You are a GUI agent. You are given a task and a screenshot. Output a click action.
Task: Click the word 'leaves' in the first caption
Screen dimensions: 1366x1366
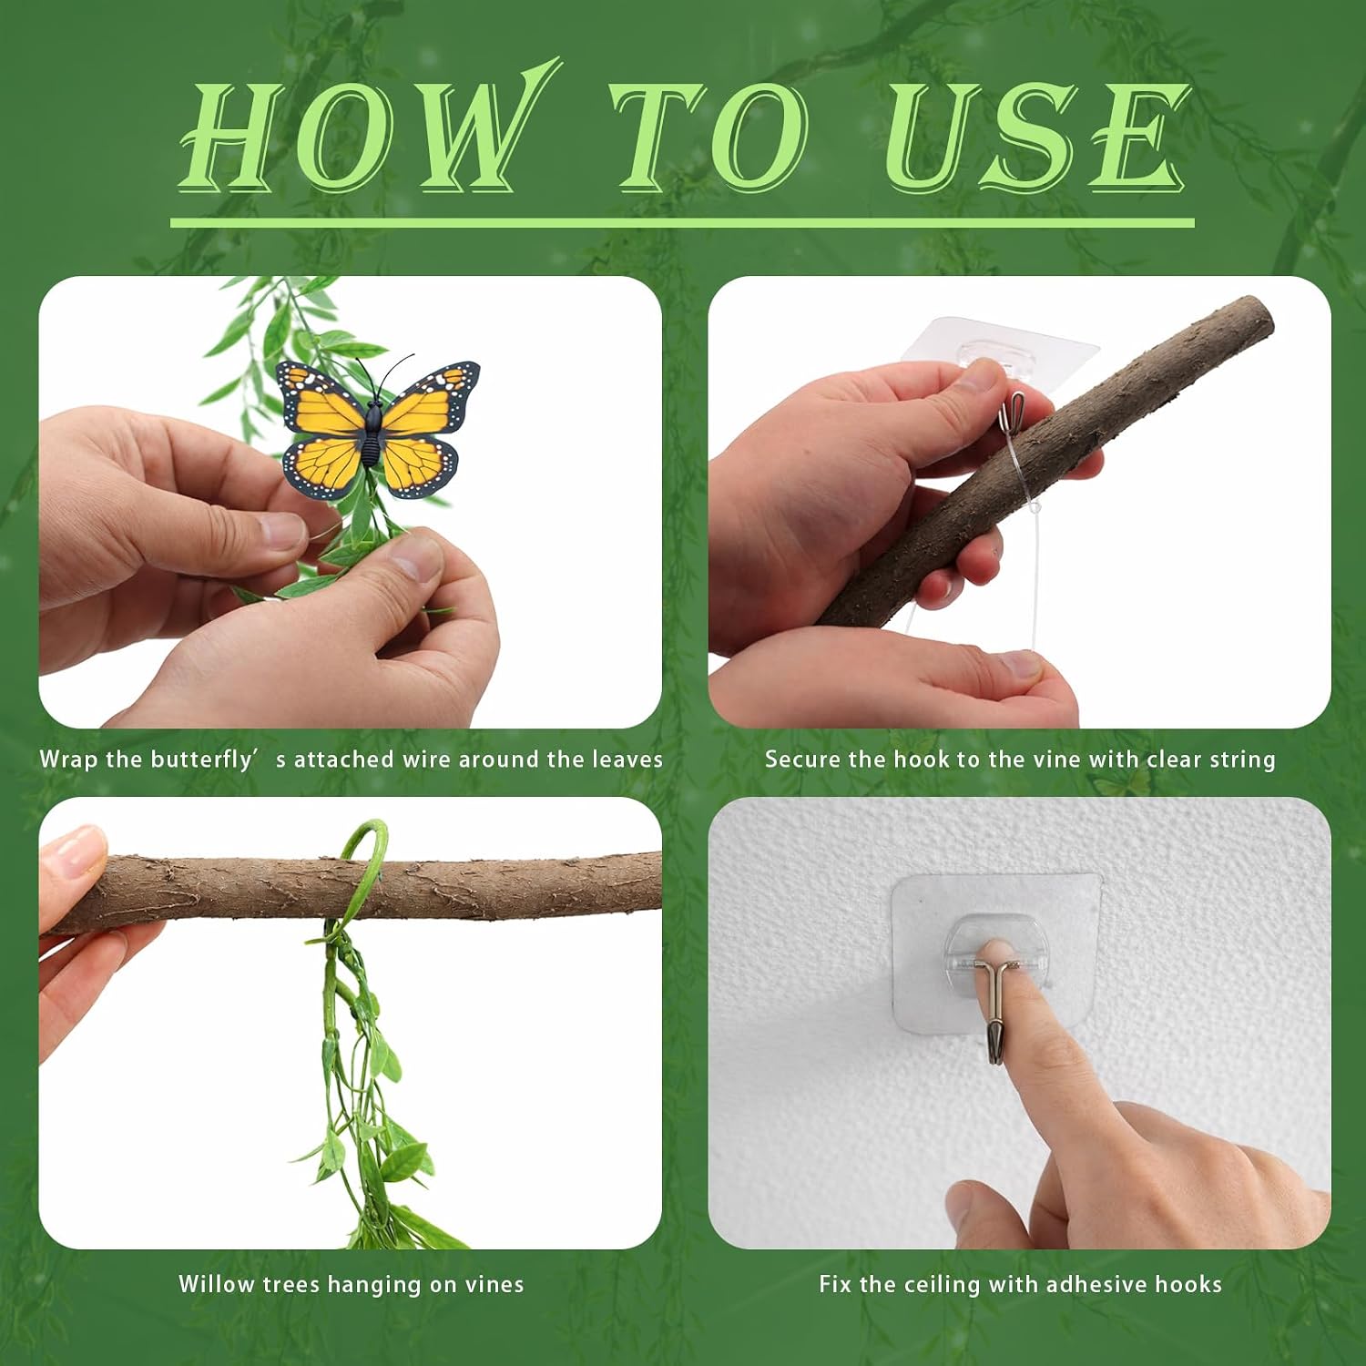point(627,759)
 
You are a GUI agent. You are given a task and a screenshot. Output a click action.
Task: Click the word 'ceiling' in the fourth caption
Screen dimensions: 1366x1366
point(943,1285)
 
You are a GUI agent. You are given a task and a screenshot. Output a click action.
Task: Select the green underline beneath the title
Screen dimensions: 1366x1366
point(682,222)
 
